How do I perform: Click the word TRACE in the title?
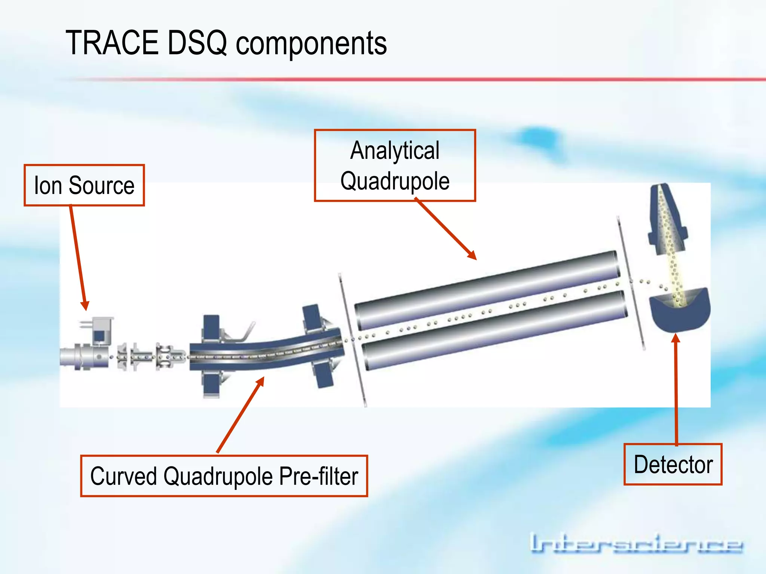tap(112, 43)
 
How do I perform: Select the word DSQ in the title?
tap(197, 43)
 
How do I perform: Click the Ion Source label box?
tap(84, 185)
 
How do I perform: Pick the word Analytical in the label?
tap(395, 150)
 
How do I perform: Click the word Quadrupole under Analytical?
tap(395, 181)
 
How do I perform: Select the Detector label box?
tap(673, 465)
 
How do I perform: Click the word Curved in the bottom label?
tap(123, 476)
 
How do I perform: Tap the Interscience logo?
tap(636, 544)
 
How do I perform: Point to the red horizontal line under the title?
tap(411, 79)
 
